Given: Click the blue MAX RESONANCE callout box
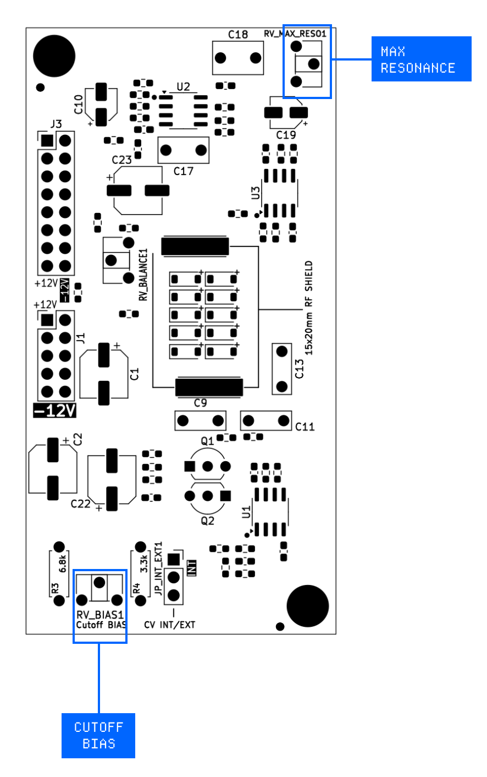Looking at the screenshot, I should tap(421, 59).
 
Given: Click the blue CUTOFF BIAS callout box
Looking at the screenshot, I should tap(98, 735).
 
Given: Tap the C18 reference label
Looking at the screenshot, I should tap(237, 35).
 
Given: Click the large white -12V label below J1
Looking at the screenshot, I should tap(55, 411).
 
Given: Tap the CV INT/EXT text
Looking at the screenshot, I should tap(170, 625).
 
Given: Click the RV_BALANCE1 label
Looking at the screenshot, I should tap(144, 275).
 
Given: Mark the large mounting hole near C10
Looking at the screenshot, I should tap(54, 56).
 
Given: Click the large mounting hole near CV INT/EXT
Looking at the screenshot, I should tap(309, 606).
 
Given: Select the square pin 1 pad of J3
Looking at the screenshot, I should tap(47, 141).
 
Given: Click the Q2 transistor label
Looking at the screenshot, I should tap(207, 521).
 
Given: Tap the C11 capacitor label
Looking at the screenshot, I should tap(305, 426).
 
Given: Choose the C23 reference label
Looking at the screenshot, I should tap(121, 160).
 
